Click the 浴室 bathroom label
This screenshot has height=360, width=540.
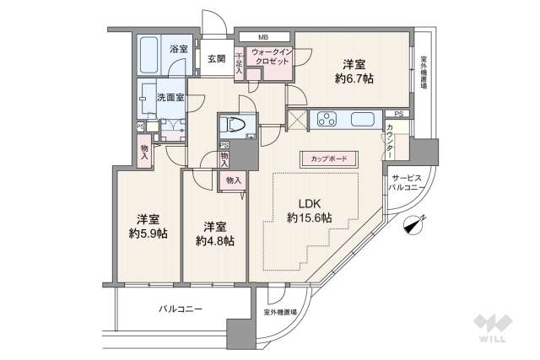[178, 50]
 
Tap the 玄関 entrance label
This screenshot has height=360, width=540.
[216, 59]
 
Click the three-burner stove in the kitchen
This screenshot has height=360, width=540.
[327, 120]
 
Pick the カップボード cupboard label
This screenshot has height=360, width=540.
[328, 158]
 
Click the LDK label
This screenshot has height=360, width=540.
[307, 202]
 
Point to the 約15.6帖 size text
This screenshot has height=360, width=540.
[308, 218]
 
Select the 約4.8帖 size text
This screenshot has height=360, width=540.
[216, 240]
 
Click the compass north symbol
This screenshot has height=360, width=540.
[413, 224]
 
